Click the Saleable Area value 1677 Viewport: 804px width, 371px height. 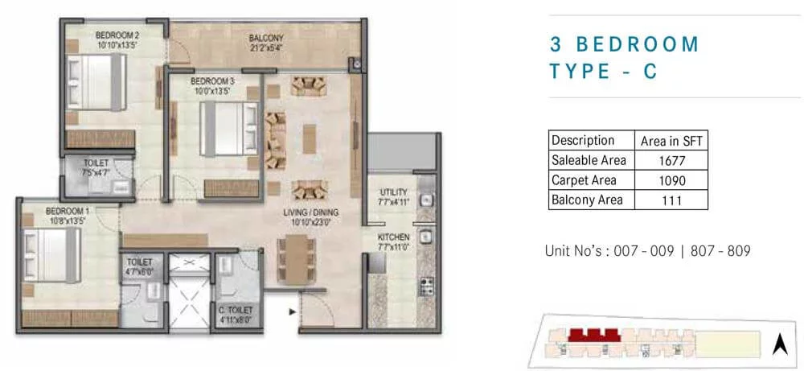click(x=671, y=160)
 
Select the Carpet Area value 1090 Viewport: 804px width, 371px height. click(x=671, y=180)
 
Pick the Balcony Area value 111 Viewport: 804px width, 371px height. click(x=671, y=200)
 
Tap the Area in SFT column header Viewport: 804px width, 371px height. click(x=671, y=140)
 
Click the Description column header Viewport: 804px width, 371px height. click(x=583, y=140)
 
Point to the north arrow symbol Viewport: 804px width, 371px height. click(x=780, y=344)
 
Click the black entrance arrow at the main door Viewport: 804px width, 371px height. click(x=293, y=311)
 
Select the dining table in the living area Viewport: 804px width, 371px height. click(x=297, y=260)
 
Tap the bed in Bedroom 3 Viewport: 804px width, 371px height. click(x=228, y=128)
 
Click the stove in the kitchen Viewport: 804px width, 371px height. click(x=427, y=286)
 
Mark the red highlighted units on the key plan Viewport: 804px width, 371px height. click(x=594, y=335)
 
